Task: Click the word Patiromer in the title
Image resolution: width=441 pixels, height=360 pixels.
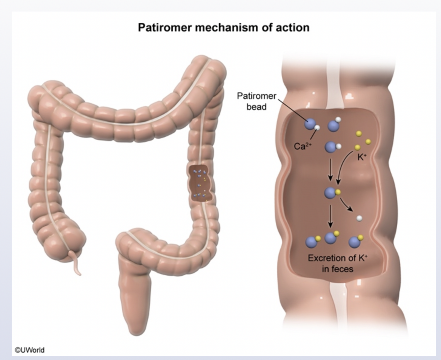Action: click(164, 27)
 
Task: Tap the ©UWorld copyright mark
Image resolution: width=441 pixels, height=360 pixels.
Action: click(29, 350)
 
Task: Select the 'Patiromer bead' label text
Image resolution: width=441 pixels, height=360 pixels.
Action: click(257, 101)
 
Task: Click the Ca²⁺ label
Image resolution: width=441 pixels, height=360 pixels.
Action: click(302, 146)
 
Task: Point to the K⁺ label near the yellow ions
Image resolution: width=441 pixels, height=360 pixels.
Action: click(362, 157)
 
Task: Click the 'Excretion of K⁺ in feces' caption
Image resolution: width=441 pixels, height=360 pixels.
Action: click(338, 263)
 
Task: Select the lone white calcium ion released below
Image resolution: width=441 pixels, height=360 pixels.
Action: click(359, 218)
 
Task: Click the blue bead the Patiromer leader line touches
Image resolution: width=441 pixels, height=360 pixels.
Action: click(310, 124)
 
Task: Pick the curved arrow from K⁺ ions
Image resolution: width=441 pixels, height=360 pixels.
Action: click(343, 165)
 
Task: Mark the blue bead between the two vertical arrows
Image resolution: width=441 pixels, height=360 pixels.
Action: click(330, 193)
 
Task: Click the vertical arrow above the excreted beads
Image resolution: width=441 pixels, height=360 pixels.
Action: click(330, 216)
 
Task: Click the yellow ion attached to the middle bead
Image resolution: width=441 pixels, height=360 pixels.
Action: click(338, 192)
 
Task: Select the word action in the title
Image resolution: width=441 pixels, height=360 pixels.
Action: click(294, 27)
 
